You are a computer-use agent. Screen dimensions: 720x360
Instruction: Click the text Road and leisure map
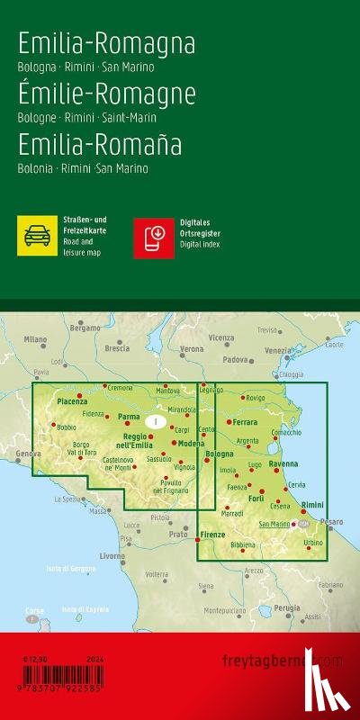pos(83,247)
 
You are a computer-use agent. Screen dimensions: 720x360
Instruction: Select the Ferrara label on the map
pos(245,421)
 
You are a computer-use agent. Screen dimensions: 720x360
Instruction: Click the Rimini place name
pos(311,506)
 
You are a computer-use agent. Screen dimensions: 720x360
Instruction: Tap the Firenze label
pos(212,535)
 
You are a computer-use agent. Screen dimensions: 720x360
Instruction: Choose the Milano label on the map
pos(35,339)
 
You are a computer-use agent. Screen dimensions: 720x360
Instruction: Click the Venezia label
pos(277,350)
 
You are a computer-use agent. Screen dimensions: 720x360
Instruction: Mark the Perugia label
pos(288,608)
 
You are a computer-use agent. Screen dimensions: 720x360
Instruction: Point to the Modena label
pos(190,444)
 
